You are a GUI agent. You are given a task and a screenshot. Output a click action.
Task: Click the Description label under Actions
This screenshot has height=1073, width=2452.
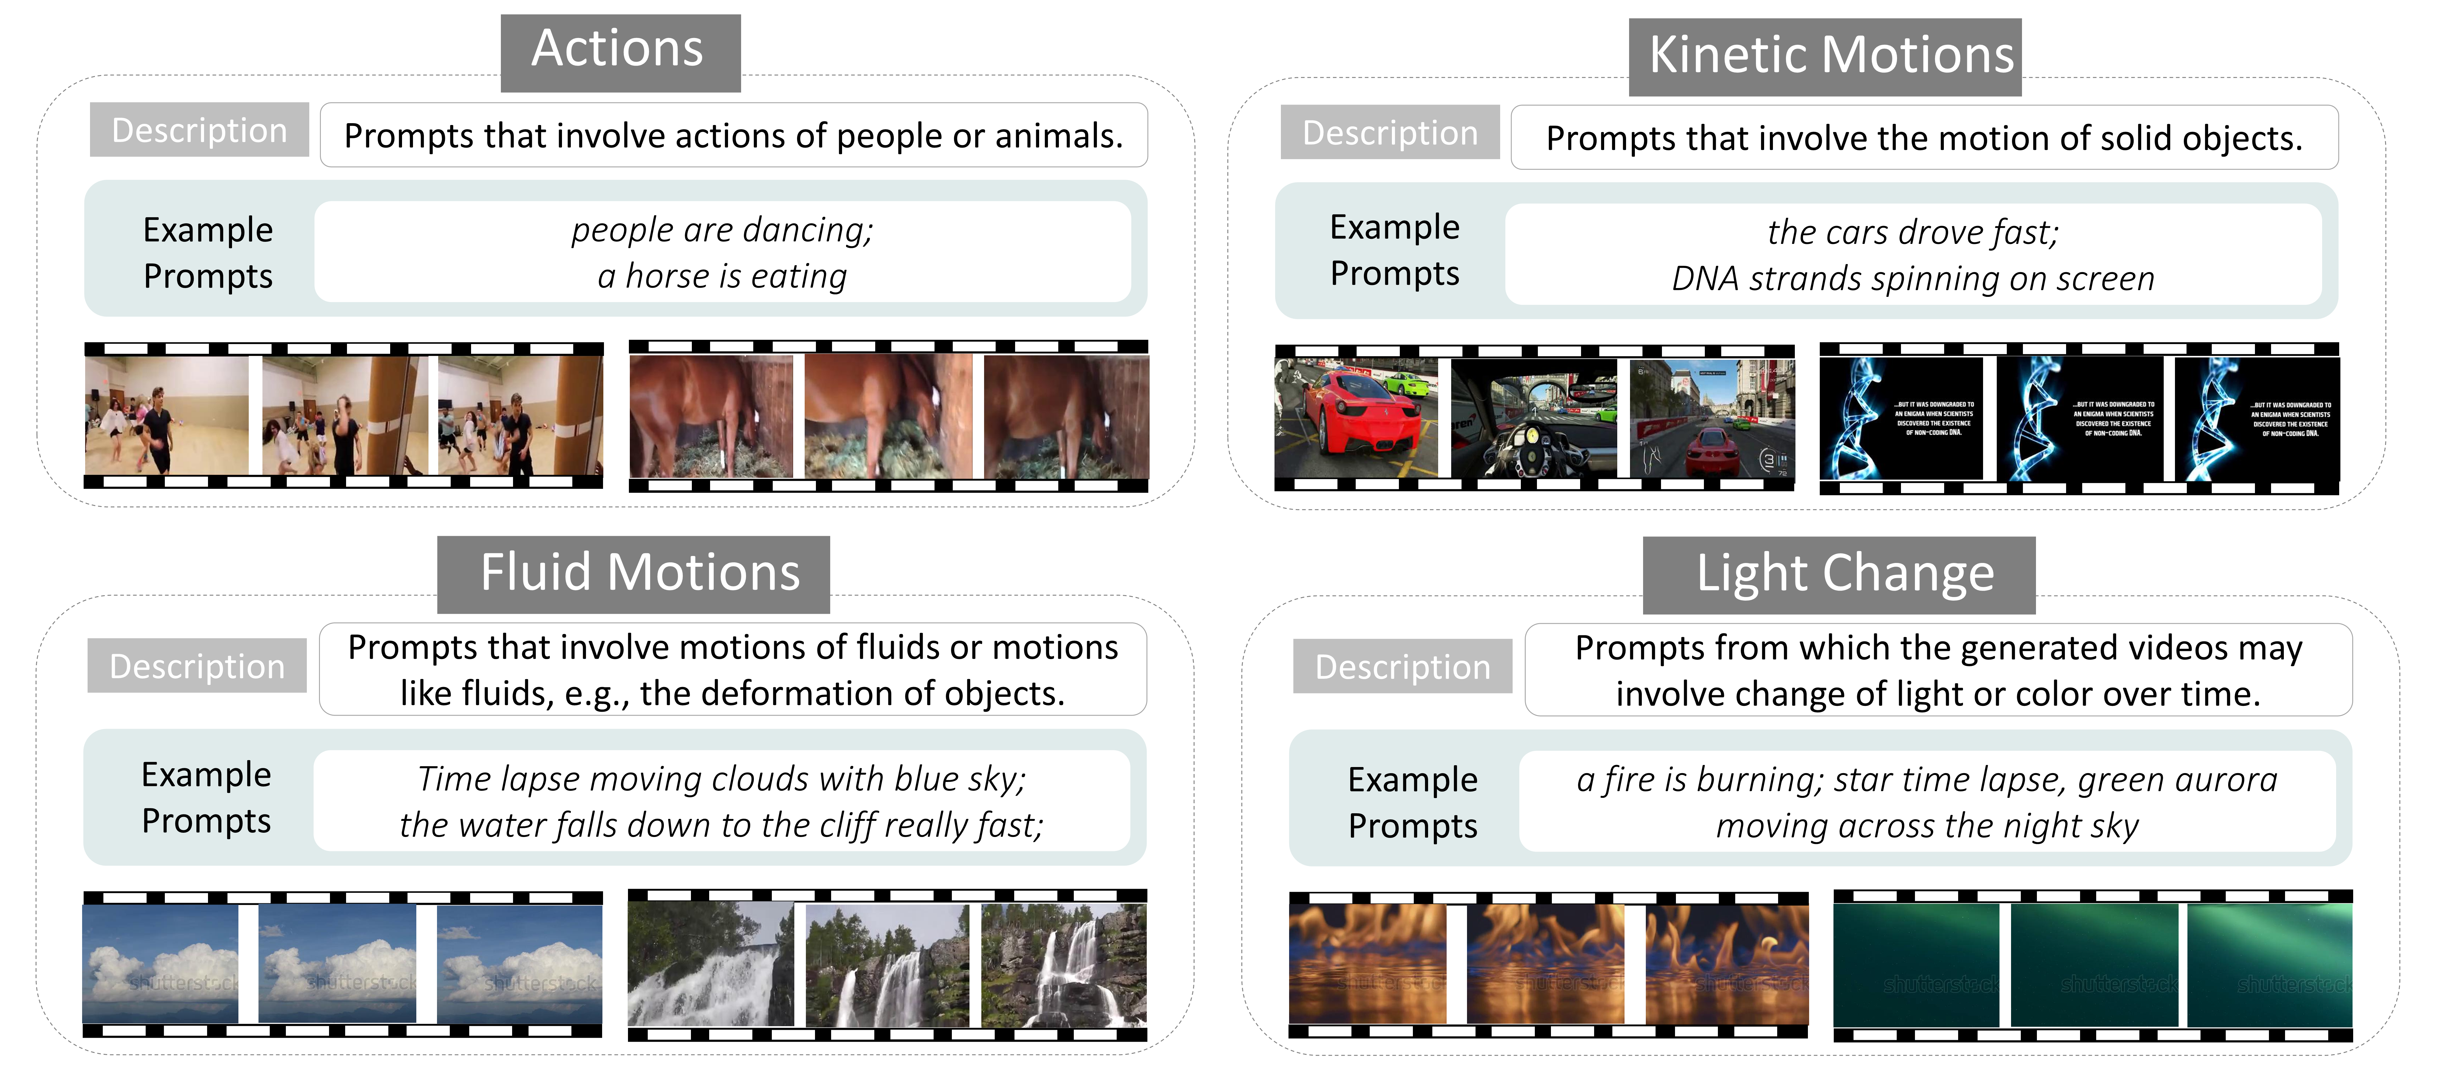pos(199,130)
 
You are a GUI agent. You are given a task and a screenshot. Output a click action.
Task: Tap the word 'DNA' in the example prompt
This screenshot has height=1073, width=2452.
pos(1705,279)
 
